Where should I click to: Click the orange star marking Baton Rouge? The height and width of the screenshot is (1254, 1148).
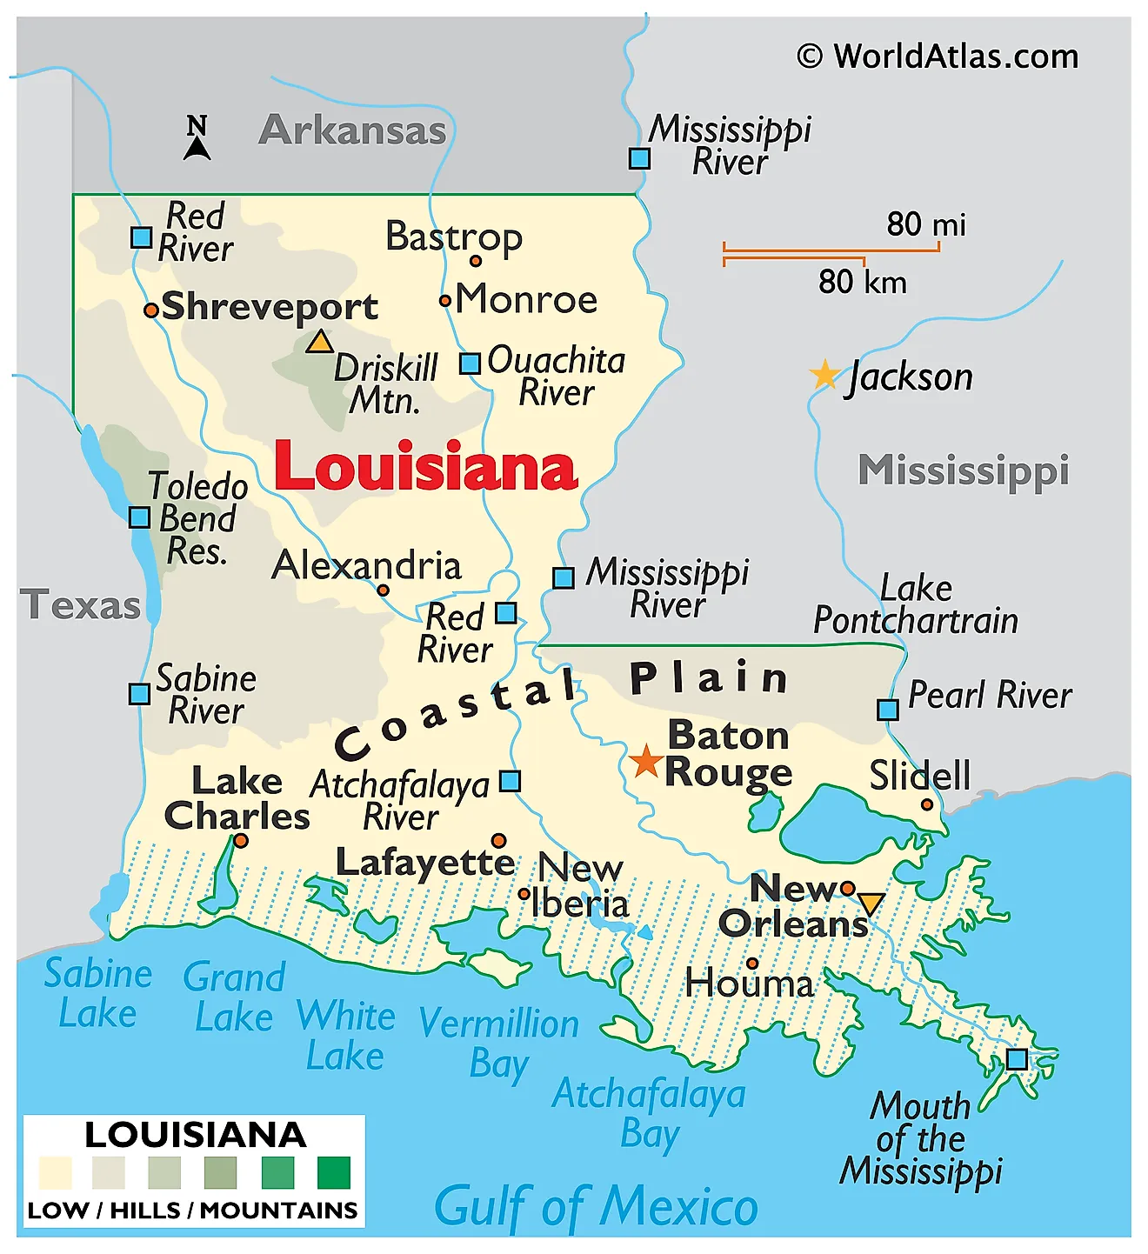tap(645, 761)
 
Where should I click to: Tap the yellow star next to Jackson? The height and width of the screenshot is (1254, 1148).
tap(823, 375)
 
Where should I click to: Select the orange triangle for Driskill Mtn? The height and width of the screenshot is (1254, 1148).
tap(319, 342)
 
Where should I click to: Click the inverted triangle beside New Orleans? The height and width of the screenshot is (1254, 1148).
tap(870, 904)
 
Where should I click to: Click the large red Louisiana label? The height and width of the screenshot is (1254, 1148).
tap(425, 467)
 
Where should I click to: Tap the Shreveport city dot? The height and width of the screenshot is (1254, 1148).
tap(151, 310)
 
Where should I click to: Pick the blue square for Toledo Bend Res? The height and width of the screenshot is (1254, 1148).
tap(139, 517)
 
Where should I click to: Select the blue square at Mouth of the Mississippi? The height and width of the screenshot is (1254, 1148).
tap(1016, 1059)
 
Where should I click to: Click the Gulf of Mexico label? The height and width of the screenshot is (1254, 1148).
tap(596, 1206)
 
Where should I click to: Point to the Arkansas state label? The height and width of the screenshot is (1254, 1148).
tap(352, 130)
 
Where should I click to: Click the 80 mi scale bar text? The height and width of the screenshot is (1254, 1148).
tap(925, 224)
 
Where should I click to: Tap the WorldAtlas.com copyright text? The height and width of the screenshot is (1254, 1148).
tap(938, 57)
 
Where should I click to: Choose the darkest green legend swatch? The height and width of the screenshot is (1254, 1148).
tap(333, 1172)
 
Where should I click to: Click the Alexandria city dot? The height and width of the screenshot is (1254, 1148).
tap(383, 590)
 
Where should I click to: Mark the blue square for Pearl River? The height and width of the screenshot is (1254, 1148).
tap(887, 710)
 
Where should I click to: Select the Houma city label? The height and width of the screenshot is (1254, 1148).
tap(749, 984)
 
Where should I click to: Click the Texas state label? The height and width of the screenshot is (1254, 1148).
tap(80, 605)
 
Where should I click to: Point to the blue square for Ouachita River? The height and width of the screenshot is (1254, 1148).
tap(470, 364)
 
